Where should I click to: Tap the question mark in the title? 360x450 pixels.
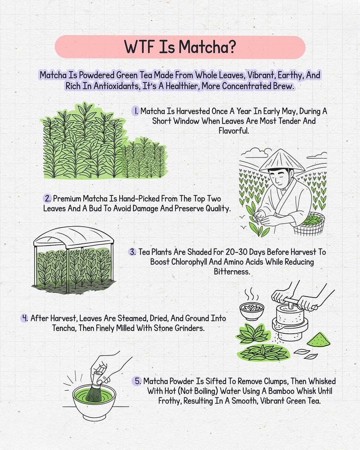click(x=231, y=47)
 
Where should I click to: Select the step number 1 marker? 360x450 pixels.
click(x=135, y=111)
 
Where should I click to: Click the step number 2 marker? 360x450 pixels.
click(x=48, y=198)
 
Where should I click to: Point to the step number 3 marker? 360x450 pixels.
click(x=133, y=252)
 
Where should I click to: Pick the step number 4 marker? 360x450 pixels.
click(x=24, y=318)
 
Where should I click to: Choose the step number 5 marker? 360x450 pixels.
click(x=137, y=381)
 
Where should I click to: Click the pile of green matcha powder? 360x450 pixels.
click(x=319, y=339)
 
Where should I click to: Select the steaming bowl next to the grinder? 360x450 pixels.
click(x=252, y=311)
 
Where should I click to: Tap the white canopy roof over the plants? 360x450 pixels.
click(x=73, y=237)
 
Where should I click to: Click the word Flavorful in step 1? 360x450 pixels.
click(x=234, y=131)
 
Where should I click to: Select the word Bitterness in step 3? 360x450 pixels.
click(x=232, y=271)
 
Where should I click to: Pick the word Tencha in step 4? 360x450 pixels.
click(x=64, y=328)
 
